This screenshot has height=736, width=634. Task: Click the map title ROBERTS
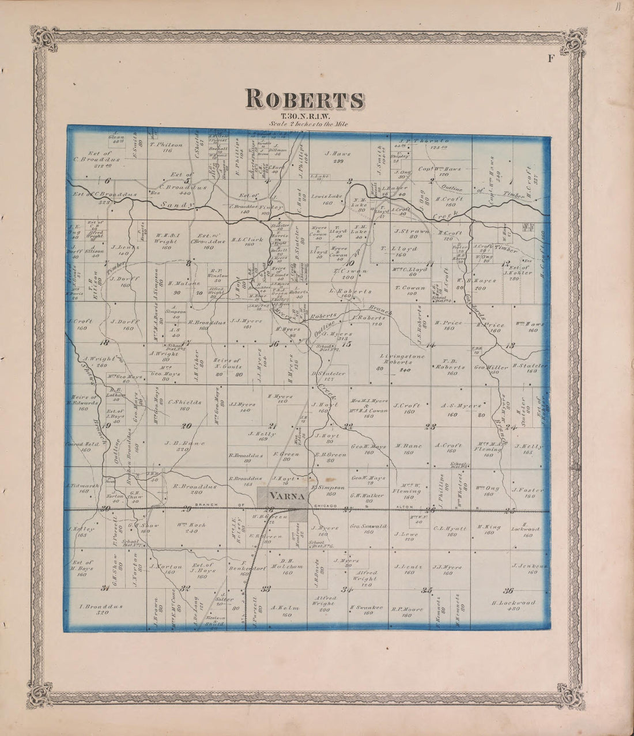(305, 99)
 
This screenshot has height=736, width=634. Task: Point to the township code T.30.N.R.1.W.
(305, 115)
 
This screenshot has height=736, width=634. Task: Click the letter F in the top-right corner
(550, 56)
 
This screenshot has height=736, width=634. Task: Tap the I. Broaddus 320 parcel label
(101, 609)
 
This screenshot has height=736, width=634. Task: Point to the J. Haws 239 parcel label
(334, 157)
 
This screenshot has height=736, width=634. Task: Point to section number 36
(509, 590)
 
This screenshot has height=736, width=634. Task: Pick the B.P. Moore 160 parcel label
(407, 612)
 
